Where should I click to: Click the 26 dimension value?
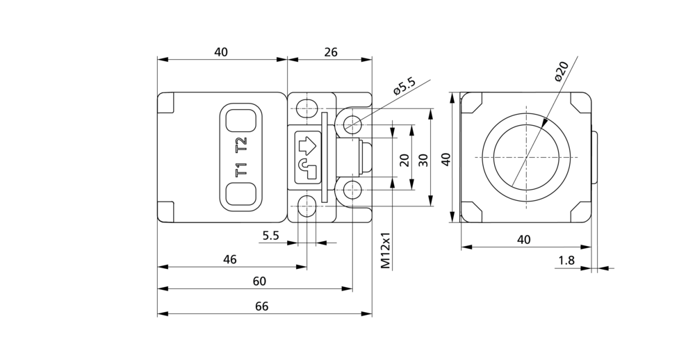click(x=331, y=52)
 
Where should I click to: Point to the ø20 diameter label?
click(x=561, y=71)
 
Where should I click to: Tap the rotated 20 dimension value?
click(x=404, y=160)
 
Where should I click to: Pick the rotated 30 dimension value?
click(x=424, y=160)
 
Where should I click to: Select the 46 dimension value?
click(x=229, y=259)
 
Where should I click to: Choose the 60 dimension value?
click(x=260, y=281)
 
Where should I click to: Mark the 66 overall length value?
click(x=261, y=306)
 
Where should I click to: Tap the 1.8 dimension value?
click(x=566, y=260)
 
